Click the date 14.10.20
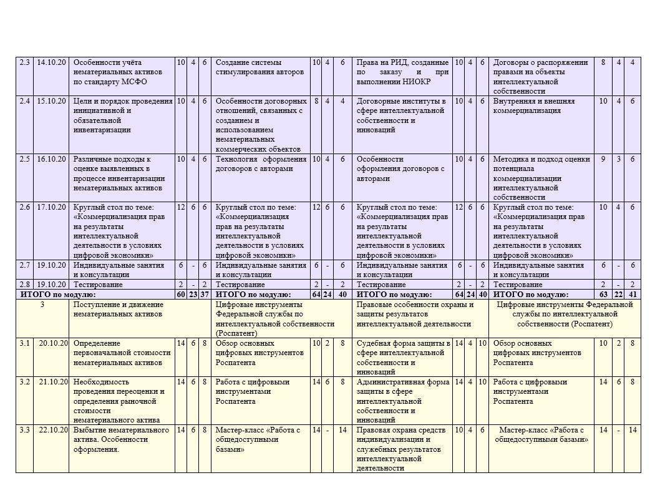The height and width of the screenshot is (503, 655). [x=51, y=62]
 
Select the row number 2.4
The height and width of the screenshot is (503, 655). [x=24, y=101]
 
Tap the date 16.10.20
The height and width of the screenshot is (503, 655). [x=51, y=159]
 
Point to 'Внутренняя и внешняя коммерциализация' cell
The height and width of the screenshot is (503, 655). [x=540, y=105]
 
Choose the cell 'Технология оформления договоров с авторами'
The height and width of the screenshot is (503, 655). [x=261, y=164]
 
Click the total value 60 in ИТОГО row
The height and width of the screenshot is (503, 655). [x=180, y=295]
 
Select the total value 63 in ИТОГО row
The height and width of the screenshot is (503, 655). [x=603, y=295]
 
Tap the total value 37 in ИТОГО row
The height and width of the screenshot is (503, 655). [x=203, y=295]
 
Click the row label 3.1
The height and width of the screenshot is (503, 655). [x=24, y=343]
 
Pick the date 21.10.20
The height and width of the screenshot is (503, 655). [x=52, y=382]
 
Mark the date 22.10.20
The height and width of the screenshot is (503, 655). [x=52, y=431]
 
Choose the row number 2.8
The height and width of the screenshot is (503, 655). [x=24, y=285]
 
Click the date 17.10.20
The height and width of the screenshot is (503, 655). [x=51, y=207]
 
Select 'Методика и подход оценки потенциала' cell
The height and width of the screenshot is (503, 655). [x=540, y=173]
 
